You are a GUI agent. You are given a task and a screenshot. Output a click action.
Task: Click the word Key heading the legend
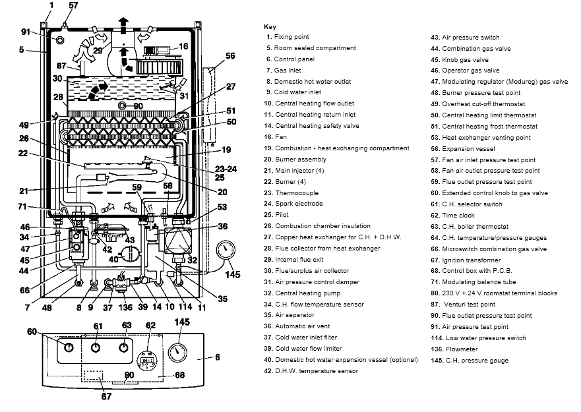pos(270,26)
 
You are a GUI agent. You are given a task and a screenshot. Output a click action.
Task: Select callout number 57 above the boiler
pos(73,6)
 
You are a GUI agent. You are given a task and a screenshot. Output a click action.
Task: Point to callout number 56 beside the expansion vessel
pos(230,57)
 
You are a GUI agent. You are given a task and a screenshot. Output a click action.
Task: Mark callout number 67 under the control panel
pos(106,397)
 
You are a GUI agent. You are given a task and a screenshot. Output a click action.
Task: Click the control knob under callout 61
pos(97,349)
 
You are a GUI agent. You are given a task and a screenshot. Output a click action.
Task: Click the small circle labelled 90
pos(121,105)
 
